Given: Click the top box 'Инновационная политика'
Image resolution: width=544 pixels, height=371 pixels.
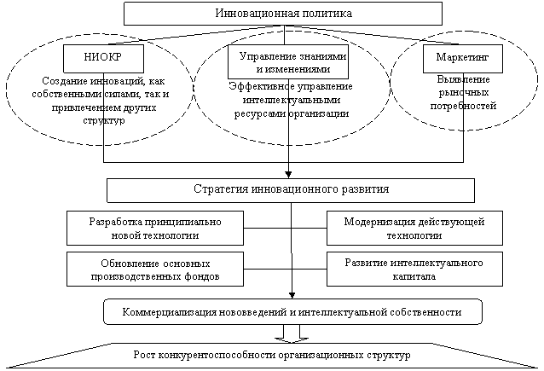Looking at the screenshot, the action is click(283, 14).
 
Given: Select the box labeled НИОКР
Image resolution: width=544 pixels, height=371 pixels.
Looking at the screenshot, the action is click(103, 58).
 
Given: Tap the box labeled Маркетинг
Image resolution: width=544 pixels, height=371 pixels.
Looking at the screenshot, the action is click(463, 59).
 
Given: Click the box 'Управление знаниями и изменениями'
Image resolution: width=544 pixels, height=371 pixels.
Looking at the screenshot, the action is click(288, 61).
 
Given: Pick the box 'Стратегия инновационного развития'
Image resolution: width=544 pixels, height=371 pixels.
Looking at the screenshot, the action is click(291, 190).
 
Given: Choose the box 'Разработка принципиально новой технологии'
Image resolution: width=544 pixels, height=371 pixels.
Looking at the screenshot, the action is click(155, 228).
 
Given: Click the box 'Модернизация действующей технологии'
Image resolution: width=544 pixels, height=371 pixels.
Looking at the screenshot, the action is click(414, 228).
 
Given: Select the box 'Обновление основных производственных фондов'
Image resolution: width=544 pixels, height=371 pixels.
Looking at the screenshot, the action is click(155, 269).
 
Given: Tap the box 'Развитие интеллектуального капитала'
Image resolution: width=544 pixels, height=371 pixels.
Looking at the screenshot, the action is click(414, 269).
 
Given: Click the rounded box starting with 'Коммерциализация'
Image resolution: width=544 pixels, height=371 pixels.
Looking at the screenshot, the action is click(292, 311).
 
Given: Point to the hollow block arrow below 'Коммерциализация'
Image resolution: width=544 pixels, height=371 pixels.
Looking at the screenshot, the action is click(292, 333).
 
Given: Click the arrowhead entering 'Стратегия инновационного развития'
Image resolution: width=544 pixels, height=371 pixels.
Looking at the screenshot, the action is click(288, 175).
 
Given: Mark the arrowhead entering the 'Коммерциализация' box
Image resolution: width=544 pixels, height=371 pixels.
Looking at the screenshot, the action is click(292, 295).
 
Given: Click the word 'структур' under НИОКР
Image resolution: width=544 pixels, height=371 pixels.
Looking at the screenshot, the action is click(104, 120).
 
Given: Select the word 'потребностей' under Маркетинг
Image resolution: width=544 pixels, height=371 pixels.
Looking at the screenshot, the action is click(463, 106).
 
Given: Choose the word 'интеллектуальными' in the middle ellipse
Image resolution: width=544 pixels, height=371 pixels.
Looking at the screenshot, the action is click(292, 100).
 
